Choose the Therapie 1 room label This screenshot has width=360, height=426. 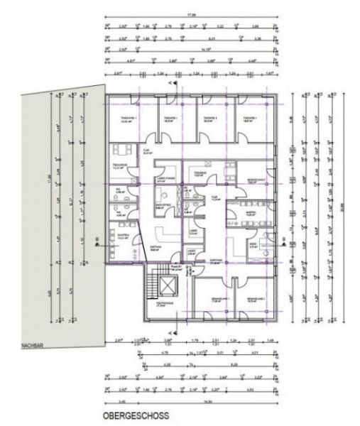130,119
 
